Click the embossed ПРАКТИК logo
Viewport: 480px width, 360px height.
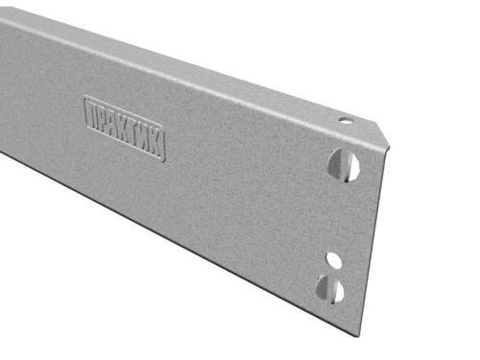125,128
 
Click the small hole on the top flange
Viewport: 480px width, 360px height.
344,122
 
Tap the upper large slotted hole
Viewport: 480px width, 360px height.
344,164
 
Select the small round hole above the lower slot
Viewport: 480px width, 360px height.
333,259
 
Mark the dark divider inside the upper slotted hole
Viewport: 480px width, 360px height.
343,164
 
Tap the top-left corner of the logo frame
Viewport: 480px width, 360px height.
85,96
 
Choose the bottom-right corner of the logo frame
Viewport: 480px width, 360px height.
164,160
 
